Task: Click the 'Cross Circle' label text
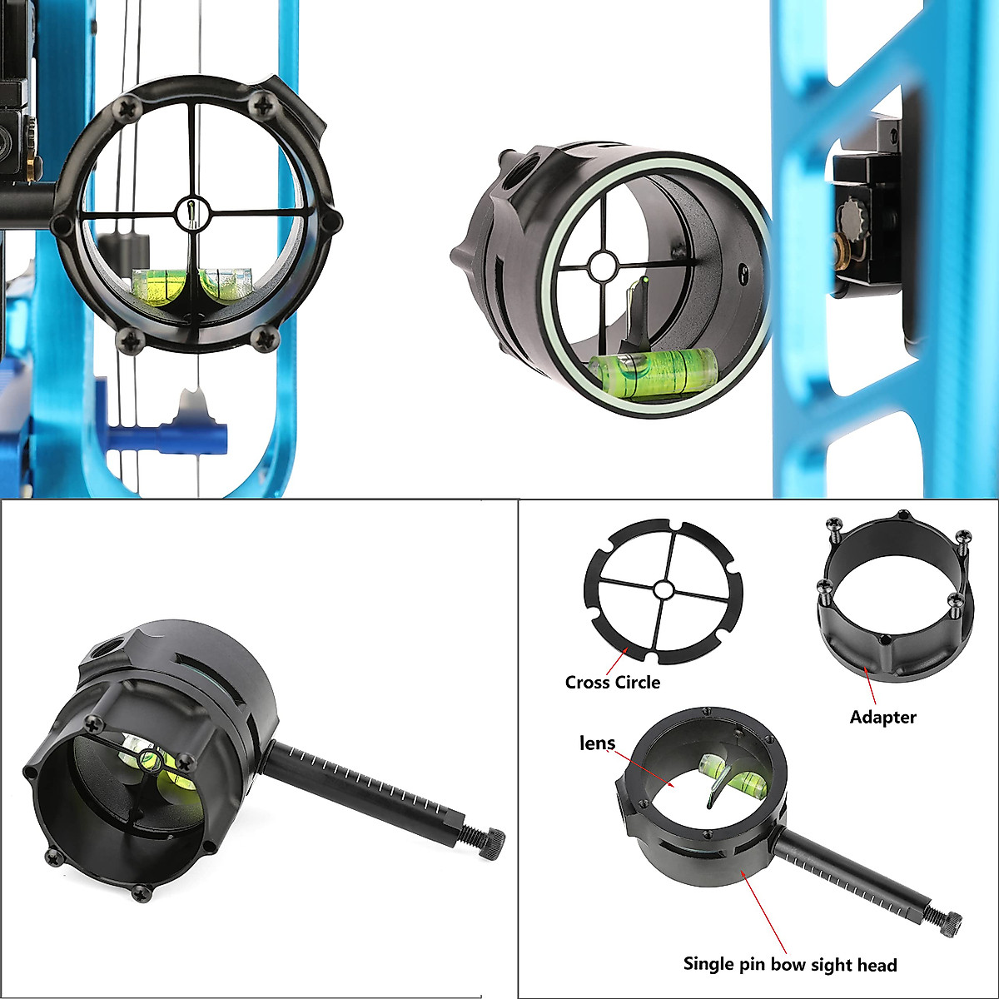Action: (612, 683)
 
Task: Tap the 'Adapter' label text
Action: (882, 717)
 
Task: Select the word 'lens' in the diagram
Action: (597, 743)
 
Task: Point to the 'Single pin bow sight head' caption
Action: (790, 965)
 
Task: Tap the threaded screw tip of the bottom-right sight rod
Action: (950, 920)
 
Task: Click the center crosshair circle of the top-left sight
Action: (191, 212)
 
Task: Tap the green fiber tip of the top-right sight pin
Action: (643, 287)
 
